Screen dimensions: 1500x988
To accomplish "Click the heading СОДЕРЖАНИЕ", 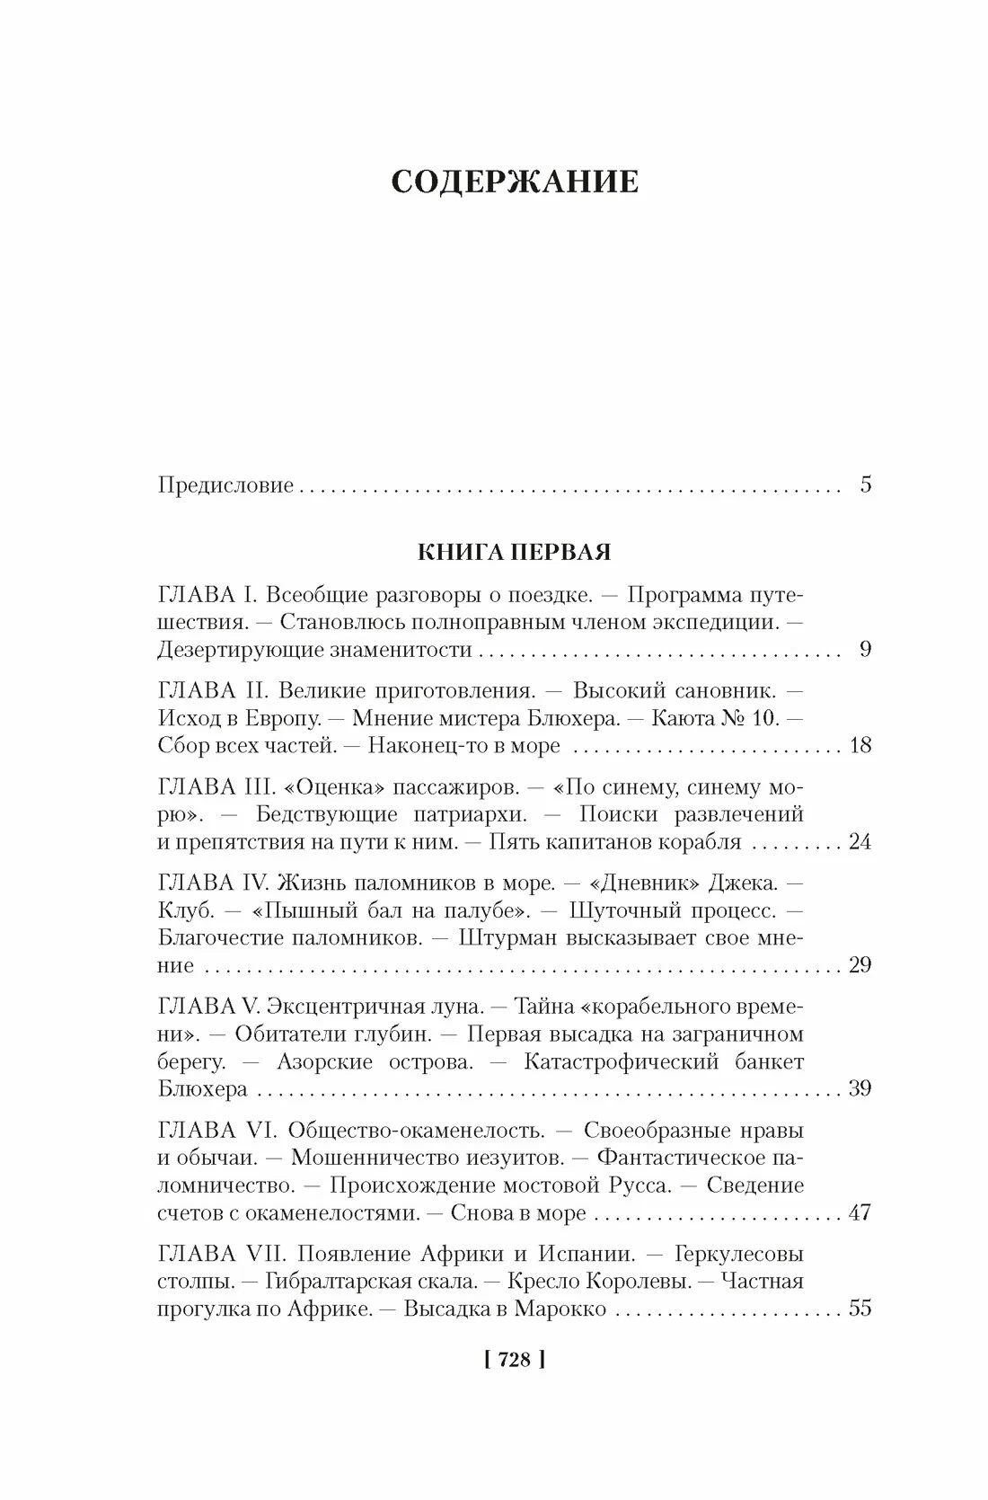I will pyautogui.click(x=516, y=182).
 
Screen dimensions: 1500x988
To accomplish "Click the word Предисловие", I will pyautogui.click(x=225, y=486).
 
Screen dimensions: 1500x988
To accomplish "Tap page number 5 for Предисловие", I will pyautogui.click(x=865, y=485).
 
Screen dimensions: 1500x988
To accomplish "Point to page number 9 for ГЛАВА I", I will pyautogui.click(x=865, y=650).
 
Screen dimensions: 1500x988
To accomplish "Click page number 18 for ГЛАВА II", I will pyautogui.click(x=860, y=746).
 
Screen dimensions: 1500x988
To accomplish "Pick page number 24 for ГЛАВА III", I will pyautogui.click(x=860, y=842).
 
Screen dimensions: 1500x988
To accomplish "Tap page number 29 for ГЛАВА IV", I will pyautogui.click(x=860, y=965).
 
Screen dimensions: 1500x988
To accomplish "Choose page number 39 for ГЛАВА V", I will pyautogui.click(x=860, y=1089).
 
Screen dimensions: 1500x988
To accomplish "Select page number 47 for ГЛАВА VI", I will pyautogui.click(x=860, y=1212).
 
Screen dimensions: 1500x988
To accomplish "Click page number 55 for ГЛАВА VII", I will pyautogui.click(x=860, y=1309).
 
